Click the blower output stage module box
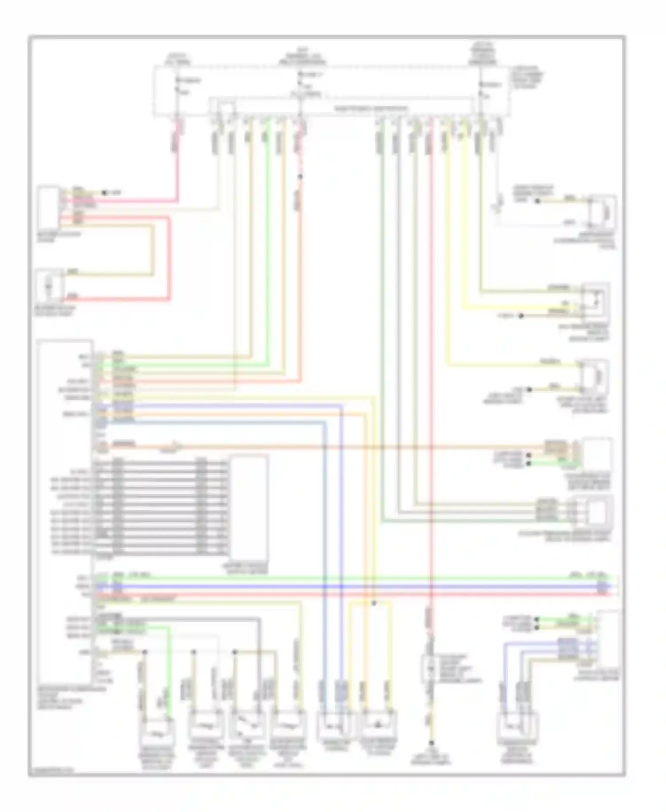pos(48,207)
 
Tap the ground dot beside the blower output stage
pos(104,193)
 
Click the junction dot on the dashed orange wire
pos(300,177)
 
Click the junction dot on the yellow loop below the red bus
pos(374,603)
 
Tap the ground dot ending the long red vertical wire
pos(431,743)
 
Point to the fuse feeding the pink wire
pos(178,87)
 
